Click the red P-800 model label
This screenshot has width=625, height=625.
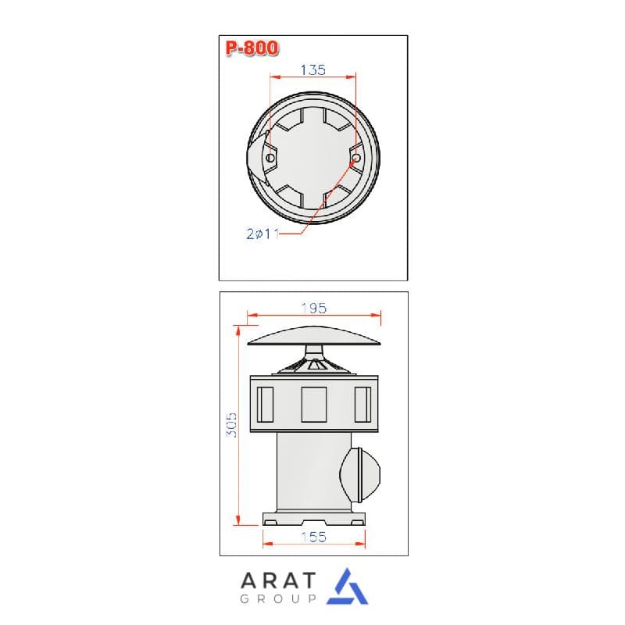pyautogui.click(x=252, y=48)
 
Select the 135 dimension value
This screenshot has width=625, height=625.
pyautogui.click(x=313, y=70)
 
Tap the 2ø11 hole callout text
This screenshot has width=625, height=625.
pyautogui.click(x=262, y=234)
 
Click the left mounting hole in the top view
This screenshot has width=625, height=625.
pyautogui.click(x=270, y=158)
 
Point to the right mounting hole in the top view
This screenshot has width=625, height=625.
pyautogui.click(x=356, y=158)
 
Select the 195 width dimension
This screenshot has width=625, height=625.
pyautogui.click(x=314, y=308)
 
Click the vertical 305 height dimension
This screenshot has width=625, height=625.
pyautogui.click(x=231, y=425)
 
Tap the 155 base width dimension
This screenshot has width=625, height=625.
pyautogui.click(x=314, y=537)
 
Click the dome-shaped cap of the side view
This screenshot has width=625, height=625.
pyautogui.click(x=314, y=336)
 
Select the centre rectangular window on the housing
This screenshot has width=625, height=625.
pyautogui.click(x=314, y=404)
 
